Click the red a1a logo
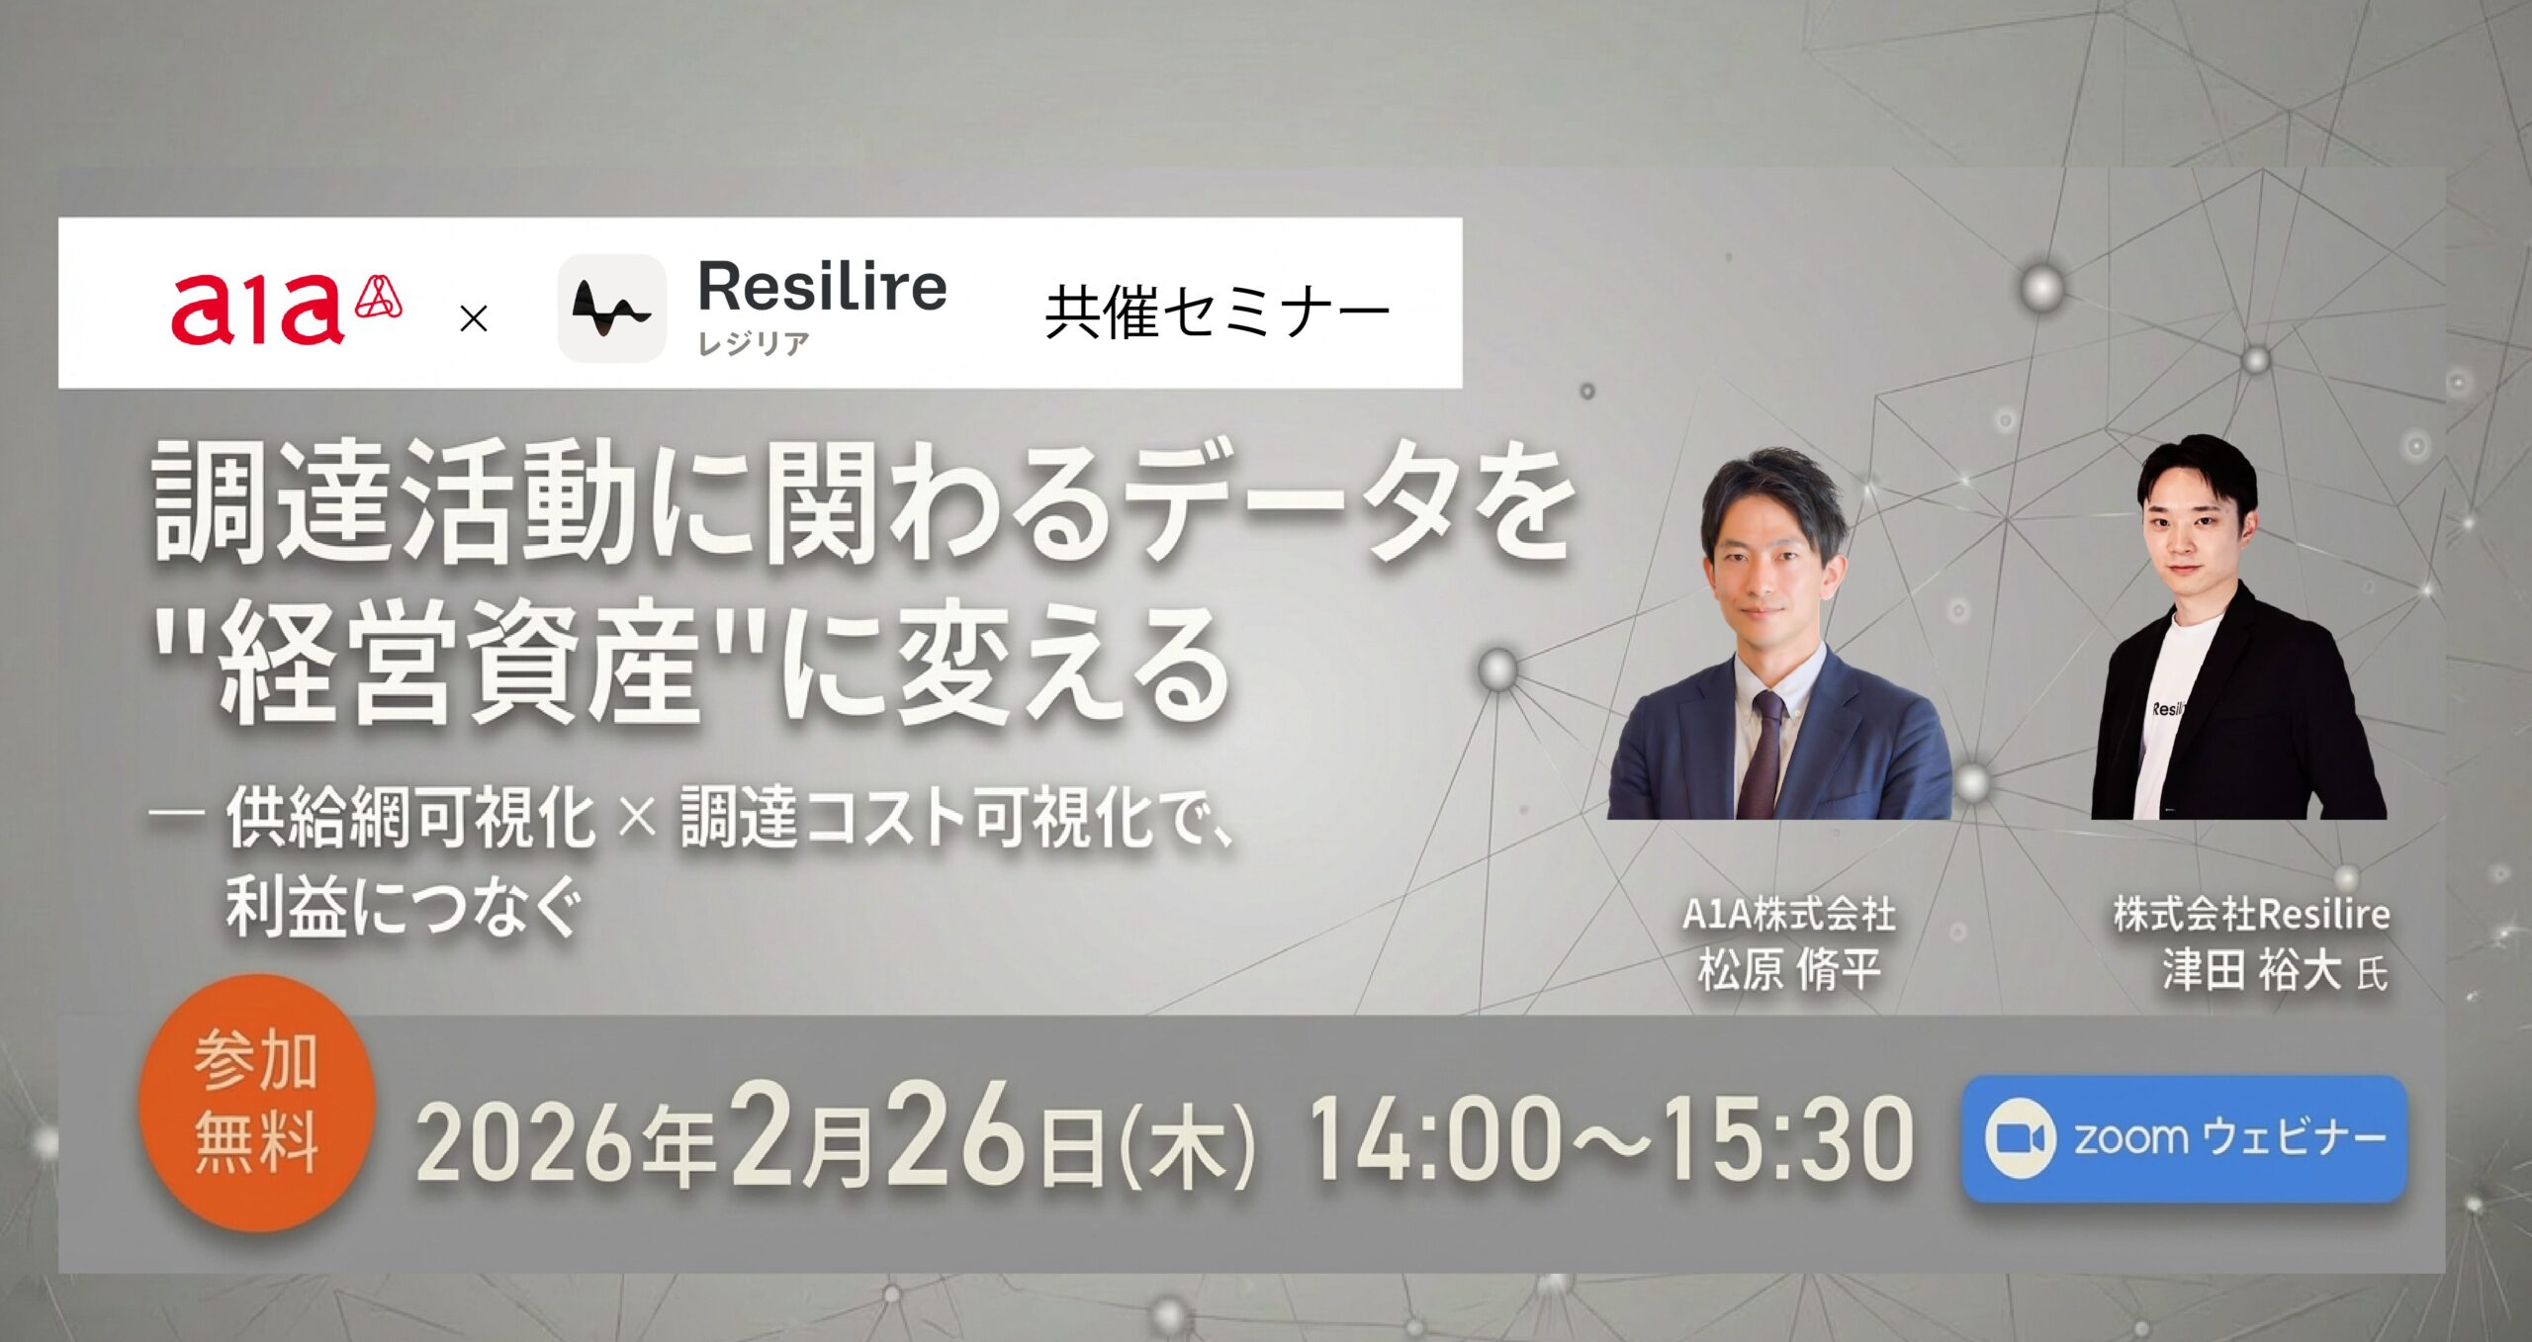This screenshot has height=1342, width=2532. point(287,310)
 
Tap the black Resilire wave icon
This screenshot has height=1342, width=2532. point(611,309)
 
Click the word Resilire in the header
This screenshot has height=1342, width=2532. point(822,288)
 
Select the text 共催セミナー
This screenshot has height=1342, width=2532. point(1218,313)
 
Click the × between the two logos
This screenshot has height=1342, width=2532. point(475,318)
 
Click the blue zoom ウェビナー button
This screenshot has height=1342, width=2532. point(2184,1138)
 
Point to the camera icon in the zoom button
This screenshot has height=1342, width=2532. point(2020,1138)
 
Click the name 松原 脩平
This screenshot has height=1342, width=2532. point(1789,969)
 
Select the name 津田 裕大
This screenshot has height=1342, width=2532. point(2250,969)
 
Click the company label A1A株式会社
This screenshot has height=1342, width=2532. point(1789,914)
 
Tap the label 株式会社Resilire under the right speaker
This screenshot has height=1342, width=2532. point(2252,914)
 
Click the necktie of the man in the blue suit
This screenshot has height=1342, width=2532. point(1761,757)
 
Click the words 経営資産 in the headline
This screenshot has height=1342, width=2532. point(460,668)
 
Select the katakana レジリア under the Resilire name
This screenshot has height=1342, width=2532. point(754,343)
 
